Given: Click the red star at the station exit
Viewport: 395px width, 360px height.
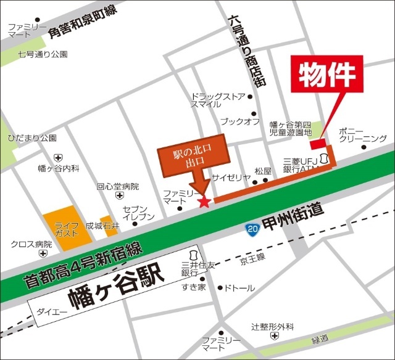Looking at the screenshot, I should tap(204, 201).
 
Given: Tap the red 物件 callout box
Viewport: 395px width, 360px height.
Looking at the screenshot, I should tap(329, 75).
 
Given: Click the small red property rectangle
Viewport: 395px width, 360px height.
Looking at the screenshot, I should tap(318, 144).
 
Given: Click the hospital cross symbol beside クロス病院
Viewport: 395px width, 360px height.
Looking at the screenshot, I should tap(42, 253).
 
